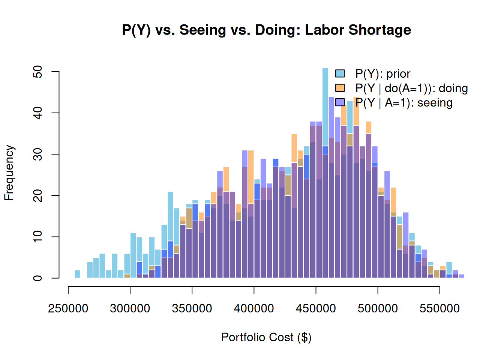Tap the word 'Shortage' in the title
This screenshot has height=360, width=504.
pyautogui.click(x=380, y=30)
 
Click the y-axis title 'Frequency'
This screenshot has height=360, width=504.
pyautogui.click(x=9, y=172)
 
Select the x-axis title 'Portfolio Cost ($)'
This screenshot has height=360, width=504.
pyautogui.click(x=266, y=337)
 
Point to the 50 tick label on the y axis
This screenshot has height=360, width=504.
pyautogui.click(x=37, y=72)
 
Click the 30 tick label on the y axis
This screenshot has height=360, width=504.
pyautogui.click(x=37, y=154)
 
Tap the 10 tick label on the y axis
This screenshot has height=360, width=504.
pyautogui.click(x=37, y=237)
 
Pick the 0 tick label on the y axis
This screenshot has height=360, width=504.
pyautogui.click(x=37, y=278)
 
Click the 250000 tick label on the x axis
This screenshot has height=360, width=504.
pyautogui.click(x=68, y=308)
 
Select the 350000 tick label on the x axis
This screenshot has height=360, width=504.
pyautogui.click(x=192, y=308)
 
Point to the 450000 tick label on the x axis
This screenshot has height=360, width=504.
pyautogui.click(x=316, y=308)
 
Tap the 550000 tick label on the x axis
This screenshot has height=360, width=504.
pyautogui.click(x=439, y=308)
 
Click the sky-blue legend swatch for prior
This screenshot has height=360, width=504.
pyautogui.click(x=340, y=73)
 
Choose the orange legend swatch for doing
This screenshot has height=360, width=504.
pyautogui.click(x=340, y=88)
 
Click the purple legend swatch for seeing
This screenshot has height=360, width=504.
pyautogui.click(x=340, y=102)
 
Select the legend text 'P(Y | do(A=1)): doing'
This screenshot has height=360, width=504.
pyautogui.click(x=412, y=88)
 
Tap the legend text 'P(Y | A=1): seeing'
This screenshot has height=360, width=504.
pyautogui.click(x=404, y=103)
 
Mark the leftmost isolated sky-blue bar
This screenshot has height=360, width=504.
pyautogui.click(x=77, y=274)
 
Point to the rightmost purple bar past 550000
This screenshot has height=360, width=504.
pyautogui.click(x=462, y=276)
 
